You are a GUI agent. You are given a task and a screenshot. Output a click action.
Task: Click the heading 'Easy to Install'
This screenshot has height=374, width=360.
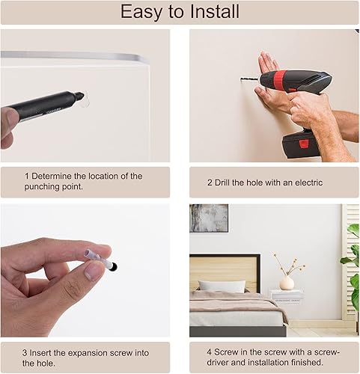click(180, 12)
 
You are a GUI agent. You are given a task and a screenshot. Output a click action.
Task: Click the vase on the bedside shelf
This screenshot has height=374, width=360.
click(287, 282)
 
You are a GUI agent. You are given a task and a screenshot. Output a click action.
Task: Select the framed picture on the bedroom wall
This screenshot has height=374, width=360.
click(209, 218)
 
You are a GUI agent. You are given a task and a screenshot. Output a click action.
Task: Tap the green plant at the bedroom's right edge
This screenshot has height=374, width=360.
click(351, 269)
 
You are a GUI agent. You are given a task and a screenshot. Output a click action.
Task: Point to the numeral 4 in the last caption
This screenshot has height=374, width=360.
click(210, 352)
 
